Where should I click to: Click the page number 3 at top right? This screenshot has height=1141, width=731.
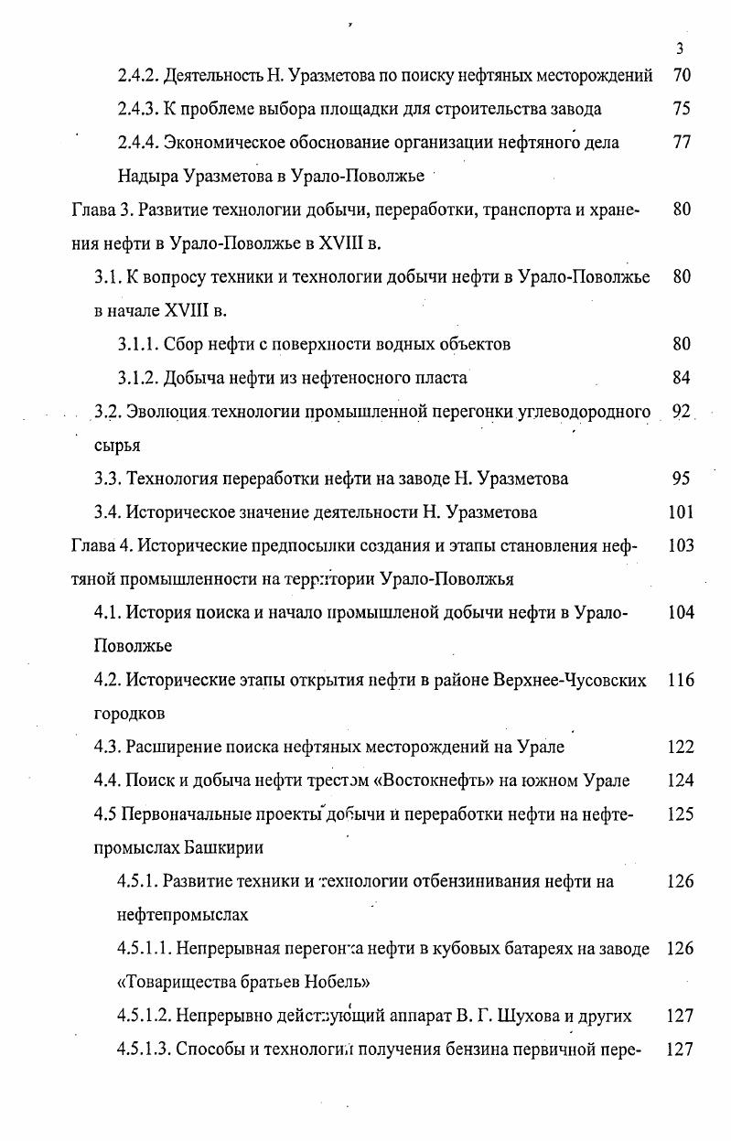click(x=679, y=49)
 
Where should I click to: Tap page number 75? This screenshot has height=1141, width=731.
click(x=681, y=110)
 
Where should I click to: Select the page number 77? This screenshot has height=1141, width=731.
click(x=681, y=144)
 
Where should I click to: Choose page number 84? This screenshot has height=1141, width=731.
click(x=681, y=378)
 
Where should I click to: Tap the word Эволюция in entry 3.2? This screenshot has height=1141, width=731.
click(x=168, y=412)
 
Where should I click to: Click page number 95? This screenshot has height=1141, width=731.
click(x=681, y=479)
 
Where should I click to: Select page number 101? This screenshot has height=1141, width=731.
click(x=681, y=512)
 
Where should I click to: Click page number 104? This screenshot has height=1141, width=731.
click(x=681, y=613)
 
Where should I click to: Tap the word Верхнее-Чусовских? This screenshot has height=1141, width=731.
click(x=570, y=680)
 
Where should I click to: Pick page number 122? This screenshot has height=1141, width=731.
click(x=681, y=748)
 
